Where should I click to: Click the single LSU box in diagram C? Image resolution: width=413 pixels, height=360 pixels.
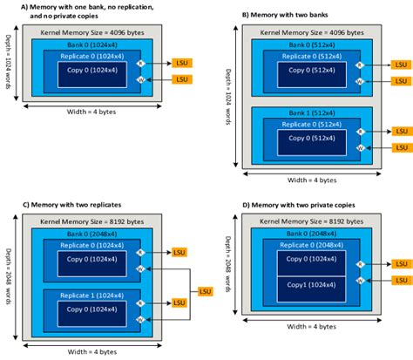206,289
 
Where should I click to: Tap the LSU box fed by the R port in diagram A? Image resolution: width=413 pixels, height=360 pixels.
181,63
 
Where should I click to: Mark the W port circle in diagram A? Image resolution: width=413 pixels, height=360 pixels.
151,78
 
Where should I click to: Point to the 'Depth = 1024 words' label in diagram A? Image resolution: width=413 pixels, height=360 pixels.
10,71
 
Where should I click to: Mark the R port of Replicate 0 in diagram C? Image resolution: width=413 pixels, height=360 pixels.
152,252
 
